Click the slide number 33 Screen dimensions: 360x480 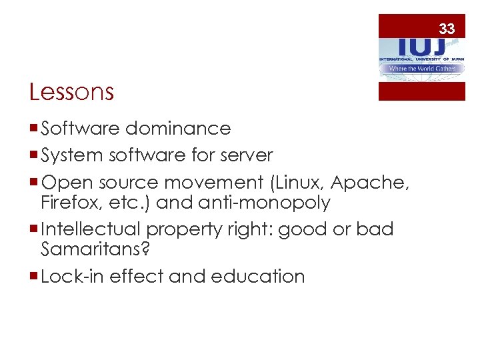click(x=447, y=29)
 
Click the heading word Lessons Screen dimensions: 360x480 click(x=72, y=92)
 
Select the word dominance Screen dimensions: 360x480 click(x=178, y=128)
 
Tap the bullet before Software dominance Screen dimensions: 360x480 click(x=34, y=129)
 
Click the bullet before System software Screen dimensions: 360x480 click(x=34, y=156)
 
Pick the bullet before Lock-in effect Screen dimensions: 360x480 click(x=34, y=277)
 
